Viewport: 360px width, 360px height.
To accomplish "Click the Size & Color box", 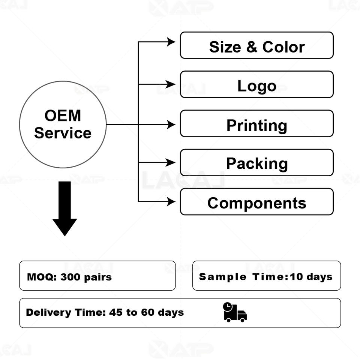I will [256, 45].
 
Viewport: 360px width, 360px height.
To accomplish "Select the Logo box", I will [256, 84].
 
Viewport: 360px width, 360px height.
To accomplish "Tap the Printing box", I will [256, 123].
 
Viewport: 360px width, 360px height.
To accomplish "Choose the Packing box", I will [256, 162].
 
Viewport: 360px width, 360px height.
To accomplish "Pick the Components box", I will [256, 202].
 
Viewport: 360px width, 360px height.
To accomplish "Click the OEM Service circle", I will [63, 124].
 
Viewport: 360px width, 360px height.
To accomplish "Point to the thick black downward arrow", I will [64, 208].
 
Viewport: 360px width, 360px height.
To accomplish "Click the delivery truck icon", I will [235, 312].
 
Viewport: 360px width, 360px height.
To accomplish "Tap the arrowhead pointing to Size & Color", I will [171, 42].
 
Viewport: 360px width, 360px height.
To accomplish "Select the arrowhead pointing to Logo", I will [171, 84].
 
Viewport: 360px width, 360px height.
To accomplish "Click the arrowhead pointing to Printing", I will [171, 124].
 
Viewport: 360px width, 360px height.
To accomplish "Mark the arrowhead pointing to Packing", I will [171, 162].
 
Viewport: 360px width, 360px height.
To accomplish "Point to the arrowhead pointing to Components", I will [171, 202].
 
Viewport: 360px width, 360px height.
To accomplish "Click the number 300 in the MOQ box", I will [69, 277].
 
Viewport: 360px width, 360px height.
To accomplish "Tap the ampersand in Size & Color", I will [252, 47].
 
